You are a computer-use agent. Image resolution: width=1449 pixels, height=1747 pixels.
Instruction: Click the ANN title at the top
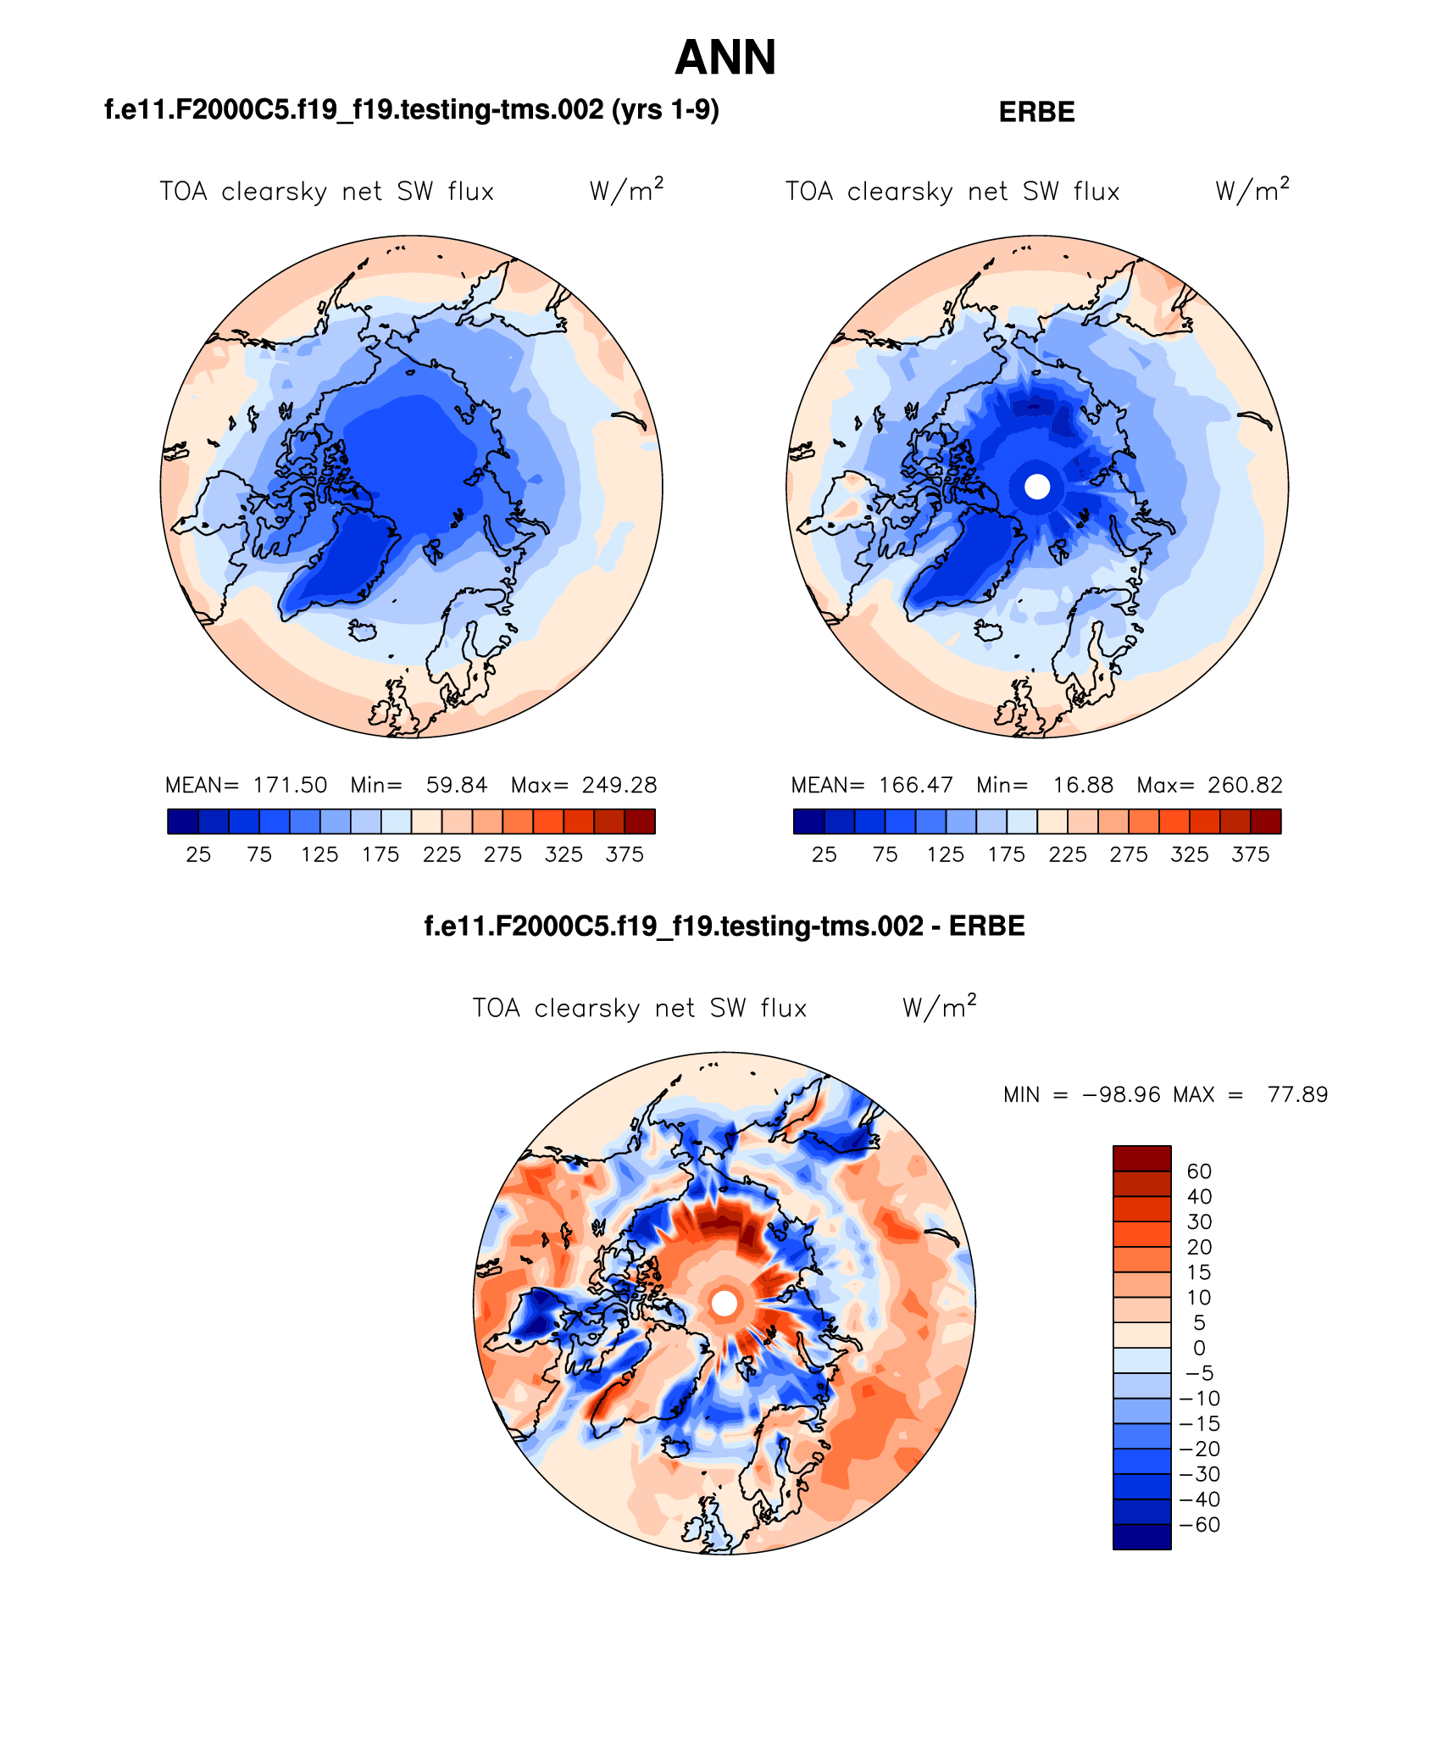(x=725, y=58)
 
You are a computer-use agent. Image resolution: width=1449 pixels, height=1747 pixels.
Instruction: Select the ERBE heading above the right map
(x=1036, y=112)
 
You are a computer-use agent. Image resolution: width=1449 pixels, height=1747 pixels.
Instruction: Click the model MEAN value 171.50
(x=290, y=785)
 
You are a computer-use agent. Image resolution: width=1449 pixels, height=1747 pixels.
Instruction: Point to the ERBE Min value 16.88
(x=1083, y=785)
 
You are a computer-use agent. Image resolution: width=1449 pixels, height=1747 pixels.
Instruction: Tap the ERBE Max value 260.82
(x=1245, y=785)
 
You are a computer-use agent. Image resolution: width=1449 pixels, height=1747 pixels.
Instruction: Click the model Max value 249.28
(x=619, y=785)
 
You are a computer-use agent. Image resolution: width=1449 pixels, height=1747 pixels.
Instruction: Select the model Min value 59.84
(x=457, y=785)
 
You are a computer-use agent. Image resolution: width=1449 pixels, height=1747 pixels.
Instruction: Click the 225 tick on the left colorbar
(x=441, y=854)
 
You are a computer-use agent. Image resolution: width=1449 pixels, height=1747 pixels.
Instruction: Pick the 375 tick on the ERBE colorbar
(x=1250, y=854)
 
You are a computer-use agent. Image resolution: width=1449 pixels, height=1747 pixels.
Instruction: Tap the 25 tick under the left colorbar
(x=198, y=854)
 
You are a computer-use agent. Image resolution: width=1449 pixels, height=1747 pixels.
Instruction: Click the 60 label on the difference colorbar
(x=1199, y=1171)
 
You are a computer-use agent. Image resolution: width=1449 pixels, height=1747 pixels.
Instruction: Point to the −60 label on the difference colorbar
(x=1199, y=1525)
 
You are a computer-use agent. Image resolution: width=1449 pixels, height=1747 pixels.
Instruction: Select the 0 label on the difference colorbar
(x=1199, y=1348)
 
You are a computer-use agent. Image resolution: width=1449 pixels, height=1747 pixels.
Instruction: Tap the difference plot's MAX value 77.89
(x=1297, y=1094)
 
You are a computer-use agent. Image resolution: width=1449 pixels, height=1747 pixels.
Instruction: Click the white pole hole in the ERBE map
(x=1037, y=487)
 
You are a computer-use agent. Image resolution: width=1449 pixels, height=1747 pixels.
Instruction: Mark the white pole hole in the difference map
(x=724, y=1303)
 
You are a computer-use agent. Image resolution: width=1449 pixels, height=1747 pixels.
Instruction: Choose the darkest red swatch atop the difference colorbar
(x=1141, y=1158)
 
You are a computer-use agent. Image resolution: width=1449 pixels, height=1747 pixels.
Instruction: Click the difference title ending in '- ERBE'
(x=724, y=926)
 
